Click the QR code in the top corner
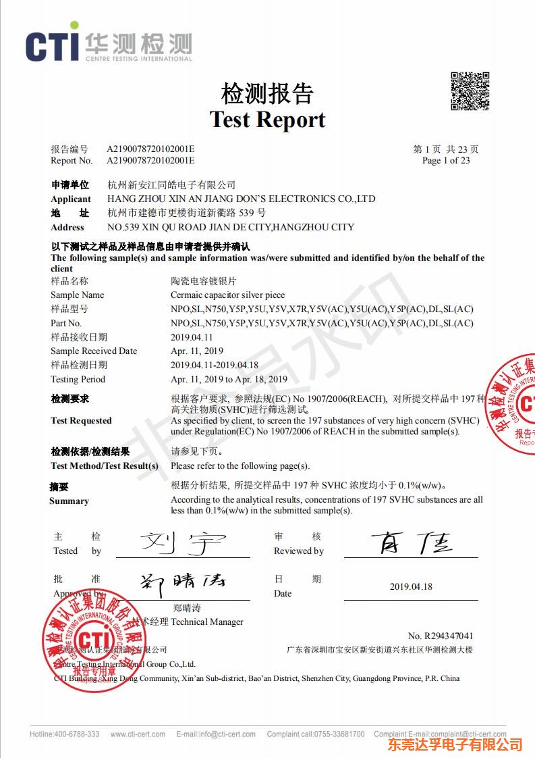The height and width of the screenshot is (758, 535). pyautogui.click(x=470, y=91)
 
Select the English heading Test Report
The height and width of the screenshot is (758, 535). pyautogui.click(x=267, y=120)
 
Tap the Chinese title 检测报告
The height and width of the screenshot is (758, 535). pyautogui.click(x=267, y=93)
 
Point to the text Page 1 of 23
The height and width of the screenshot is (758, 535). pyautogui.click(x=445, y=161)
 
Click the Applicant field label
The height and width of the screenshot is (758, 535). pyautogui.click(x=70, y=199)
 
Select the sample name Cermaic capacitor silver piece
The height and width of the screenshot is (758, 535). pyautogui.click(x=227, y=295)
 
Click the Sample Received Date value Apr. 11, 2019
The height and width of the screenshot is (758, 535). pyautogui.click(x=197, y=351)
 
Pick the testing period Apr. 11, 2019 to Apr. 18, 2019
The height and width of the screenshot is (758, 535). pyautogui.click(x=229, y=380)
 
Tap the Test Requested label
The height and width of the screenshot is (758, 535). pyautogui.click(x=81, y=421)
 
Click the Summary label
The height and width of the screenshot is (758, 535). pyautogui.click(x=69, y=501)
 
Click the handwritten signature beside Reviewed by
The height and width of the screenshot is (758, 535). pyautogui.click(x=412, y=542)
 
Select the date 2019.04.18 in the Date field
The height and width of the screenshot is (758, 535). pyautogui.click(x=411, y=586)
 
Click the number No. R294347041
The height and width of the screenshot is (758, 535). pyautogui.click(x=441, y=636)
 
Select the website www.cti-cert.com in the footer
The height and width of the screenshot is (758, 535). pyautogui.click(x=138, y=734)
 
